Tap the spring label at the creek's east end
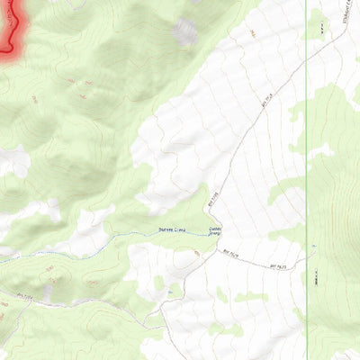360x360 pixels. [x=215, y=231]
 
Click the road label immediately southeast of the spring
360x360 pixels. [x=231, y=256]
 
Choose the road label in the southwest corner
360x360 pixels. [x=24, y=294]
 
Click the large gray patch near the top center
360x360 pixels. [x=185, y=32]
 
